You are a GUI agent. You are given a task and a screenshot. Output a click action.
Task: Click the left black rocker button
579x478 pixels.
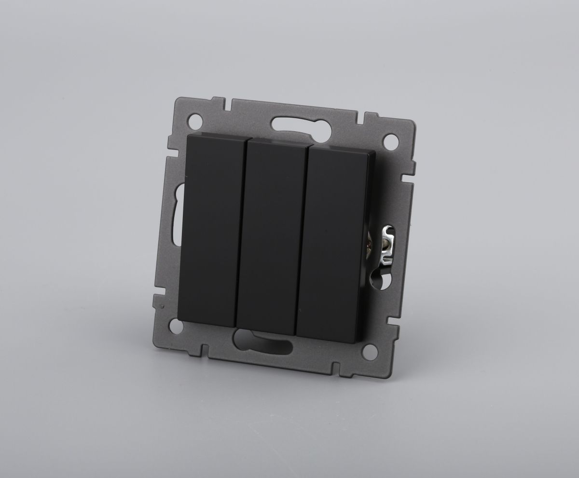coord(211,229)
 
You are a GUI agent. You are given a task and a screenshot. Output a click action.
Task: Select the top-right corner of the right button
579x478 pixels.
coord(373,152)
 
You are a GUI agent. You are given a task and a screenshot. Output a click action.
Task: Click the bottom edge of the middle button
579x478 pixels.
coord(265,333)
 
